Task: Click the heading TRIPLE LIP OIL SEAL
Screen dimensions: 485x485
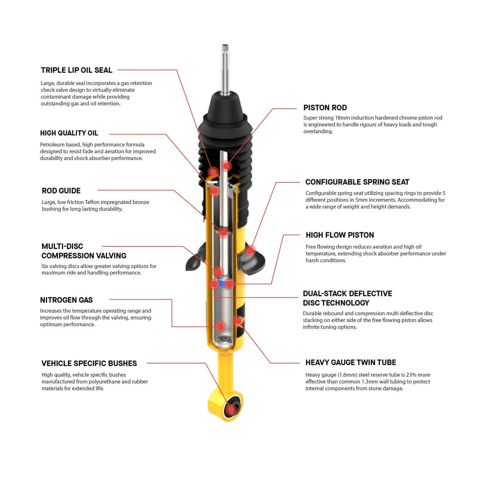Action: [x=76, y=70]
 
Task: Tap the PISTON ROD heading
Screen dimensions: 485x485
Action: [x=325, y=108]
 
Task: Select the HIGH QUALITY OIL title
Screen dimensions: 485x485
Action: [x=69, y=133]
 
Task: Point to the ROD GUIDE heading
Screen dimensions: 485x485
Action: [x=61, y=191]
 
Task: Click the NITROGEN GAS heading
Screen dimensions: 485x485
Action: [x=66, y=300]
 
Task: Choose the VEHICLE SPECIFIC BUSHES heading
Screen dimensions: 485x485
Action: [x=89, y=364]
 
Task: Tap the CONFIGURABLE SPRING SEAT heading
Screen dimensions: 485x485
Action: [x=357, y=182]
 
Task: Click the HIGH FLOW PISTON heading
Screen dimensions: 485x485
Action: [x=339, y=235]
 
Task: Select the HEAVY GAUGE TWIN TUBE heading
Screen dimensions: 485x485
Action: [x=350, y=363]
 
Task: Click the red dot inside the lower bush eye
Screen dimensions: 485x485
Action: [x=231, y=409]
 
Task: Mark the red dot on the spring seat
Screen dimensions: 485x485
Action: [x=251, y=251]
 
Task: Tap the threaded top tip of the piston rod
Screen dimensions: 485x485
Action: [x=225, y=48]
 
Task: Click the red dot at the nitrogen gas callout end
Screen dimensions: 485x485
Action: [x=220, y=326]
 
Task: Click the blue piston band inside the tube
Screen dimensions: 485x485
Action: [x=221, y=283]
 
